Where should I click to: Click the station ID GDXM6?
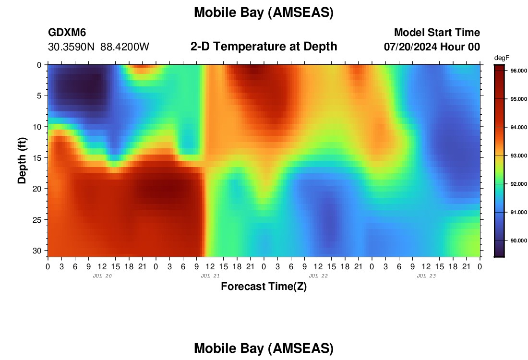67,32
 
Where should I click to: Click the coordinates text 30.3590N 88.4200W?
99,47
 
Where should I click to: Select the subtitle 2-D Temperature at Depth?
264,46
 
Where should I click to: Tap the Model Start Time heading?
437,32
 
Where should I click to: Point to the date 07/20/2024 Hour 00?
432,47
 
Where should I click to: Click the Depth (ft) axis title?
22,160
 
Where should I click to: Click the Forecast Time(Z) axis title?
264,286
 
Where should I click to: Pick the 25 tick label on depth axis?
37,220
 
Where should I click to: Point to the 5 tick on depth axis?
40,96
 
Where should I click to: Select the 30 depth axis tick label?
37,251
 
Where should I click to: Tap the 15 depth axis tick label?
37,158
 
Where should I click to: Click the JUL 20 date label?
102,276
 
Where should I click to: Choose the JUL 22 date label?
318,276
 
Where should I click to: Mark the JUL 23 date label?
426,276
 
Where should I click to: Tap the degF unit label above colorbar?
502,58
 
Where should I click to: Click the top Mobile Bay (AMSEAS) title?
264,12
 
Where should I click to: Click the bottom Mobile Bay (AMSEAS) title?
264,348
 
